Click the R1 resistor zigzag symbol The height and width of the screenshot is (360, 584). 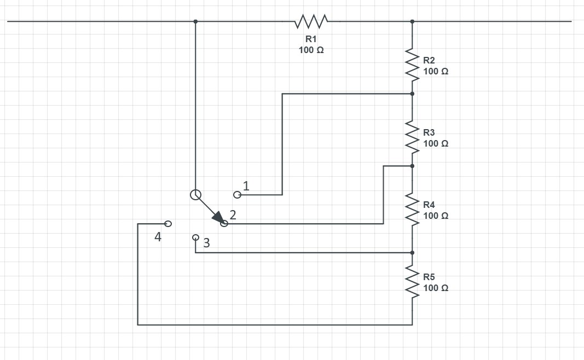click(311, 21)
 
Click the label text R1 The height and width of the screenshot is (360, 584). click(311, 39)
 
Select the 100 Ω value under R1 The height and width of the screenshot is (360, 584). click(311, 50)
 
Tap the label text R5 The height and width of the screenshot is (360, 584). click(429, 277)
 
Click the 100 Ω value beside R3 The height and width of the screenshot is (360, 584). click(436, 143)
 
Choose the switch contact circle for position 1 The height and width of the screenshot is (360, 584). click(237, 194)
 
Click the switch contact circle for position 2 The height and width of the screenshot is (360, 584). click(224, 223)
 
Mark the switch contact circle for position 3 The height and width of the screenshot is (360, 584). click(195, 237)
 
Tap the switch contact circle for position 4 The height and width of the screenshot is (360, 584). click(168, 224)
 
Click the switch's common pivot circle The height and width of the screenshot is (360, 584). click(195, 194)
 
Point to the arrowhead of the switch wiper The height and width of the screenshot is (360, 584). click(217, 217)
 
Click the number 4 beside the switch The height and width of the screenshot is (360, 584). click(158, 237)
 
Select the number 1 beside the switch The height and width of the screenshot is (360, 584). click(246, 185)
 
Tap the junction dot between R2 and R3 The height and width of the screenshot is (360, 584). click(412, 94)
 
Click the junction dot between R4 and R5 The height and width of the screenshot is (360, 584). click(412, 253)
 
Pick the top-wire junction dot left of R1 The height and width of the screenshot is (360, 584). click(195, 21)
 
